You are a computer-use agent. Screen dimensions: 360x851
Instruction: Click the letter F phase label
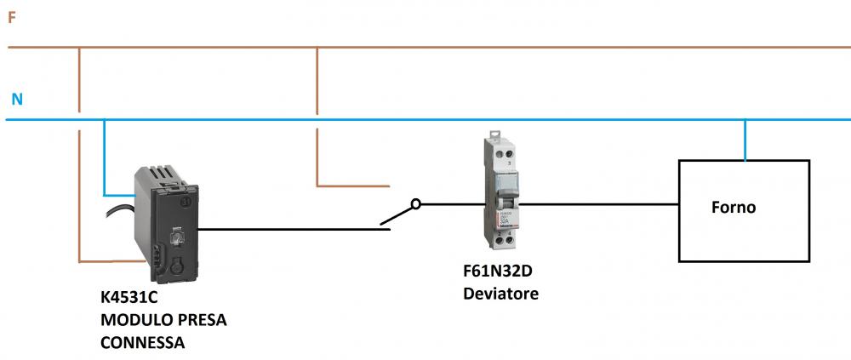(12, 16)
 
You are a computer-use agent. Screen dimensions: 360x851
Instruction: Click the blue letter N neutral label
(17, 100)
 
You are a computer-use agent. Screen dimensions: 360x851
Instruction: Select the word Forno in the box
(734, 207)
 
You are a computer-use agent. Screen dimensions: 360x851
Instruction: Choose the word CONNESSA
(142, 342)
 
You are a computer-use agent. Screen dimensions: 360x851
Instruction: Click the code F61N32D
(499, 274)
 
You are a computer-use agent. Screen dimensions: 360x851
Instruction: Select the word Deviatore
(500, 294)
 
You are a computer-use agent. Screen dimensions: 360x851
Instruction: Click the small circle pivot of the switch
(415, 203)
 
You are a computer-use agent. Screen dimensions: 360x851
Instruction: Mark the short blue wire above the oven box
(745, 140)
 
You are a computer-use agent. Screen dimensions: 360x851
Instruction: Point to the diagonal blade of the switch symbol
(398, 214)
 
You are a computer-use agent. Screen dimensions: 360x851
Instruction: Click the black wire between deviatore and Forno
(596, 204)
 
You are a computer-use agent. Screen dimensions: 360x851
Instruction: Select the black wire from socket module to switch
(289, 228)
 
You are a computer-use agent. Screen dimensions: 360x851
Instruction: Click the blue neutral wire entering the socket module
(104, 162)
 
